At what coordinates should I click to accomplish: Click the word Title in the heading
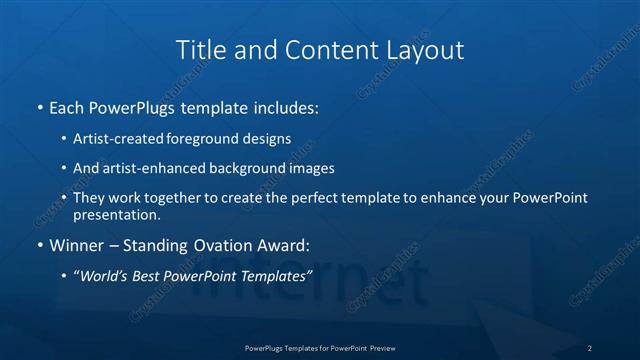point(197,49)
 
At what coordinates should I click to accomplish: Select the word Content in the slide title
point(329,49)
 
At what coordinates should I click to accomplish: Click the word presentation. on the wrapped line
point(116,214)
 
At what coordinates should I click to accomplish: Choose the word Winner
point(74,244)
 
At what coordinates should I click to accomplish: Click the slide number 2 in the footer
point(590,348)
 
